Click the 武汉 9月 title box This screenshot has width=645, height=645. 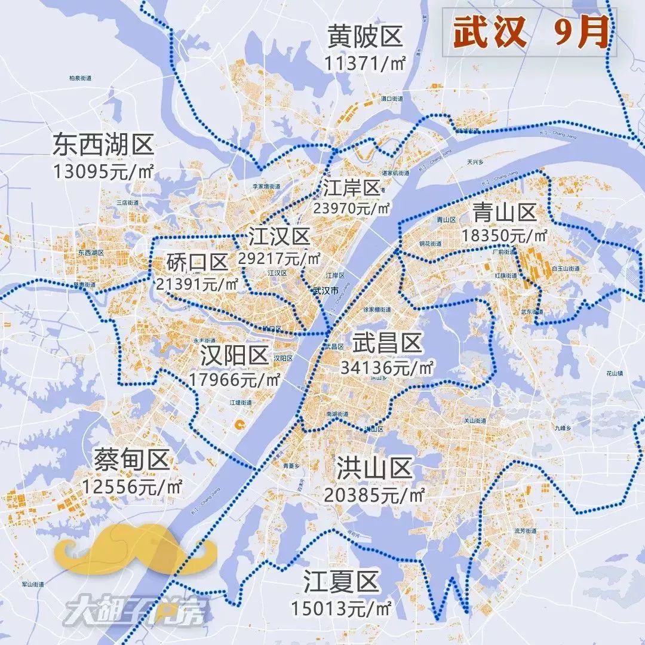(x=530, y=32)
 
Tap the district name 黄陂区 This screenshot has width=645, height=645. (x=365, y=38)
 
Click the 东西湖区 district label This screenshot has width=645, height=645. (x=103, y=145)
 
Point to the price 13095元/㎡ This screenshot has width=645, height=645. (x=103, y=171)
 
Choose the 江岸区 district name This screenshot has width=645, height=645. (x=352, y=188)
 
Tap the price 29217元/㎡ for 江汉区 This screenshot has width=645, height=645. (x=279, y=258)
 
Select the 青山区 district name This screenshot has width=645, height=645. (x=504, y=211)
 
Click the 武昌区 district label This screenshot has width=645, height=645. (x=387, y=343)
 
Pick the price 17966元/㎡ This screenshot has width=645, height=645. (x=234, y=379)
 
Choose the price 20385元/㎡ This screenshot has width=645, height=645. (x=374, y=494)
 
